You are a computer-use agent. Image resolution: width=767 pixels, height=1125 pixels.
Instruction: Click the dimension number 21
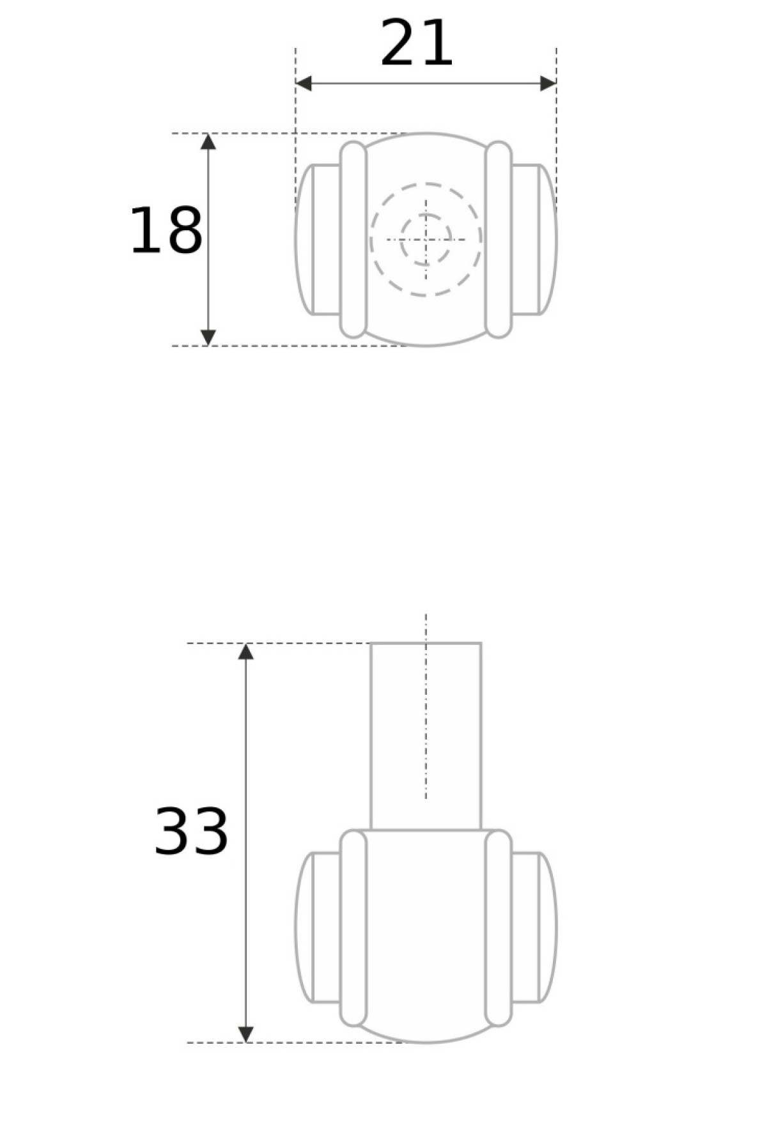coord(417,43)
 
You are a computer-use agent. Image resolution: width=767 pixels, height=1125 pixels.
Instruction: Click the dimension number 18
coord(166,231)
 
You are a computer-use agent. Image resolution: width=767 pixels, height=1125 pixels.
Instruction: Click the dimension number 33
coord(191,831)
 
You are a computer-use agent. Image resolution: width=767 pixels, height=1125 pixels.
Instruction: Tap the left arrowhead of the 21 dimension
coord(304,83)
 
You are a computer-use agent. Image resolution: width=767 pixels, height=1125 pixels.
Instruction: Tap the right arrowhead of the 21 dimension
coord(548,83)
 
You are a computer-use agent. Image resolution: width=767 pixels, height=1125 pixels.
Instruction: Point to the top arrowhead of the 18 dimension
coord(208,141)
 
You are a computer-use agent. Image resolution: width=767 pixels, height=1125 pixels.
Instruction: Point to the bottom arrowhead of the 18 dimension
coord(208,337)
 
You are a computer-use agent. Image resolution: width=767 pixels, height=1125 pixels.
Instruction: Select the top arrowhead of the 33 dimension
coord(246,651)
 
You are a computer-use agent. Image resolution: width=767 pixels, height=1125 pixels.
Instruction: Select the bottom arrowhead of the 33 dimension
coord(246,1034)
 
